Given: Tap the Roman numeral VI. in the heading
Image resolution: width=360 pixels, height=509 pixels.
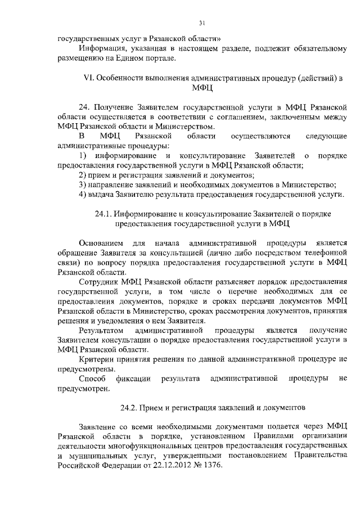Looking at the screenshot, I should click(x=88, y=78).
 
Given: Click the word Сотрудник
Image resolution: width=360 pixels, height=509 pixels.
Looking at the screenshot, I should click(x=98, y=281).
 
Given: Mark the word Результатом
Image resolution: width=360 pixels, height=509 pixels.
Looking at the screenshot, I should click(x=101, y=330).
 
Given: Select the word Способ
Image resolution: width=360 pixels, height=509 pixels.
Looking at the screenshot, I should click(x=92, y=378).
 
